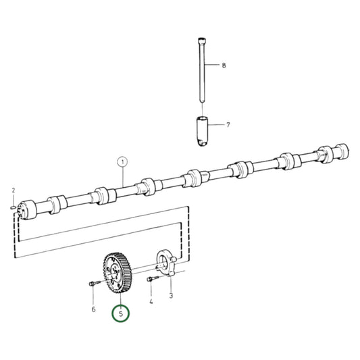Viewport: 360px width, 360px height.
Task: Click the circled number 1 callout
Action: tap(122, 162)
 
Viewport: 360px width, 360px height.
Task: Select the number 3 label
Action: tap(171, 296)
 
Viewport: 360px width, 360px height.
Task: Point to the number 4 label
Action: tap(151, 302)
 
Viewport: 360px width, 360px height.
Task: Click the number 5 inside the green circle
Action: tap(121, 314)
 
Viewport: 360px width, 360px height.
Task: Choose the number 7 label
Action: tap(228, 125)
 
